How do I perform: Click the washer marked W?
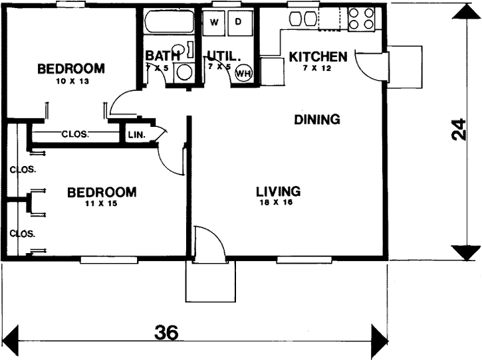click(x=214, y=22)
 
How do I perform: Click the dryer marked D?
click(x=239, y=22)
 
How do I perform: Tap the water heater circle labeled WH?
click(x=243, y=73)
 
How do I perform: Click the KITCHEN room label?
click(x=318, y=56)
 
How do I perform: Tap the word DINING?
click(x=317, y=120)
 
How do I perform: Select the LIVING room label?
click(x=279, y=191)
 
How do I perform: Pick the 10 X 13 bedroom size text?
click(x=71, y=81)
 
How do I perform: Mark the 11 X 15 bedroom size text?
click(x=102, y=204)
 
